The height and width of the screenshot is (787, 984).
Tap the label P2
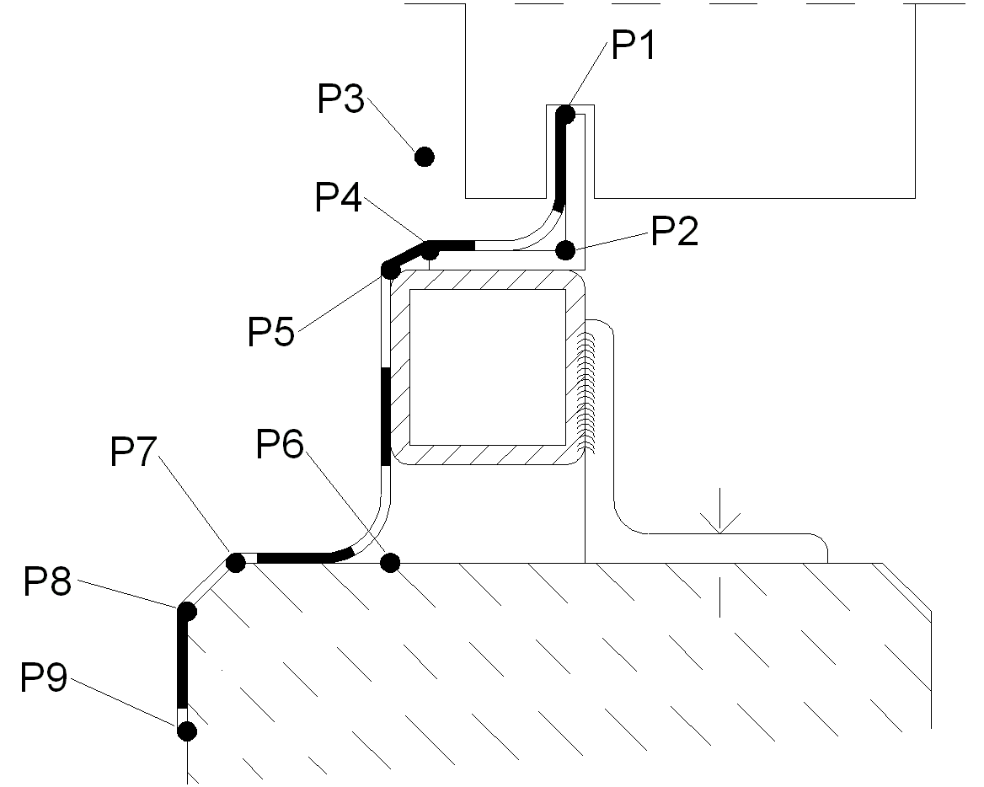click(675, 231)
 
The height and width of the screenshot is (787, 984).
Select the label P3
click(340, 100)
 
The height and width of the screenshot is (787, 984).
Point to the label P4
click(339, 198)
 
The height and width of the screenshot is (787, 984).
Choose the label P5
click(270, 331)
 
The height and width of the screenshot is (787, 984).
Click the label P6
click(281, 444)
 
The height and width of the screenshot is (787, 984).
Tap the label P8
click(47, 581)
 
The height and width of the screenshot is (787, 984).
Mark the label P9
click(44, 677)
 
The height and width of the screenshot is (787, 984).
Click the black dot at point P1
click(565, 113)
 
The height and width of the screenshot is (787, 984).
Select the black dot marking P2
click(565, 249)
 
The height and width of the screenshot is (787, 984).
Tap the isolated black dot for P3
click(424, 156)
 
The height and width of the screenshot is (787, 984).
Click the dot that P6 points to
click(390, 561)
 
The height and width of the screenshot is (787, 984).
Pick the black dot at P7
click(237, 561)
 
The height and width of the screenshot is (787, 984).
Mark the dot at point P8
click(186, 610)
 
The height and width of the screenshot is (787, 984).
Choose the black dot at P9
click(186, 730)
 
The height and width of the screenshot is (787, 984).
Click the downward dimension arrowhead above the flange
click(719, 525)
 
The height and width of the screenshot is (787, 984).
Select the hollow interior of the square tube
click(487, 367)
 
